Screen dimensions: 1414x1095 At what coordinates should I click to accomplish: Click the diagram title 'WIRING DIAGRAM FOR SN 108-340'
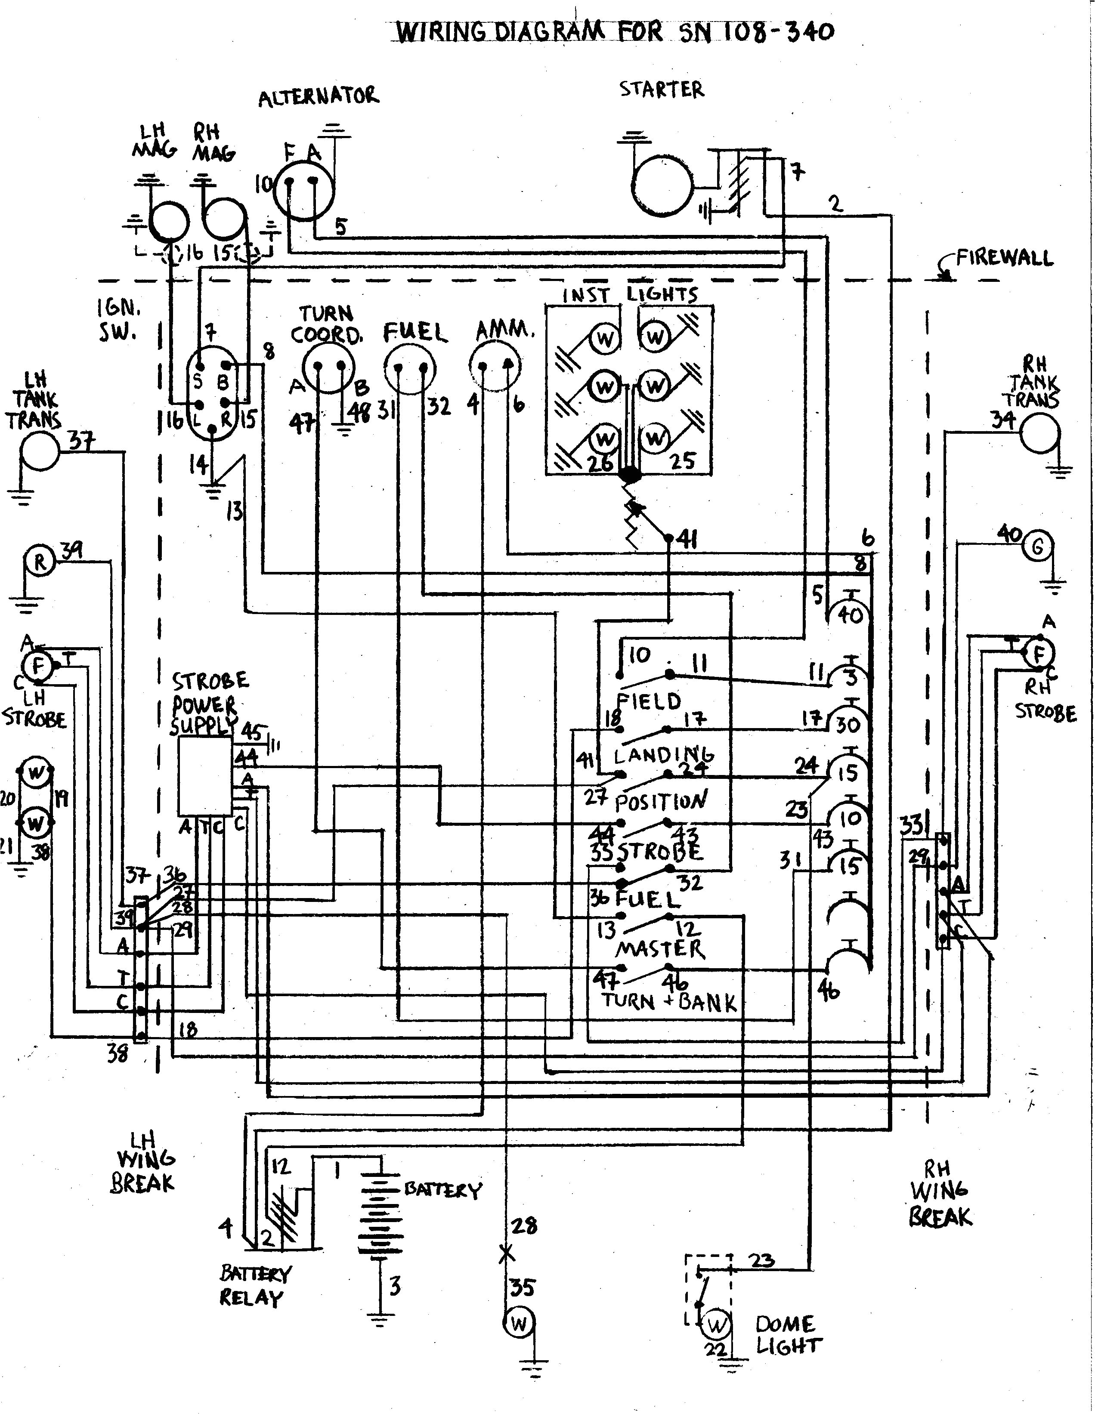tap(614, 31)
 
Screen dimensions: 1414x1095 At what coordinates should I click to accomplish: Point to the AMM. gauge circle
tap(496, 367)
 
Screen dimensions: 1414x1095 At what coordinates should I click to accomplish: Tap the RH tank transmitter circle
tap(1040, 433)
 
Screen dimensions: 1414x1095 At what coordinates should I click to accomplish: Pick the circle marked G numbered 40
tap(1037, 547)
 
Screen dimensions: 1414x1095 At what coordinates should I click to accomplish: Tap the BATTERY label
tap(442, 1190)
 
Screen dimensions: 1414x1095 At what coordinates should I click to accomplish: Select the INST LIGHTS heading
tap(629, 295)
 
